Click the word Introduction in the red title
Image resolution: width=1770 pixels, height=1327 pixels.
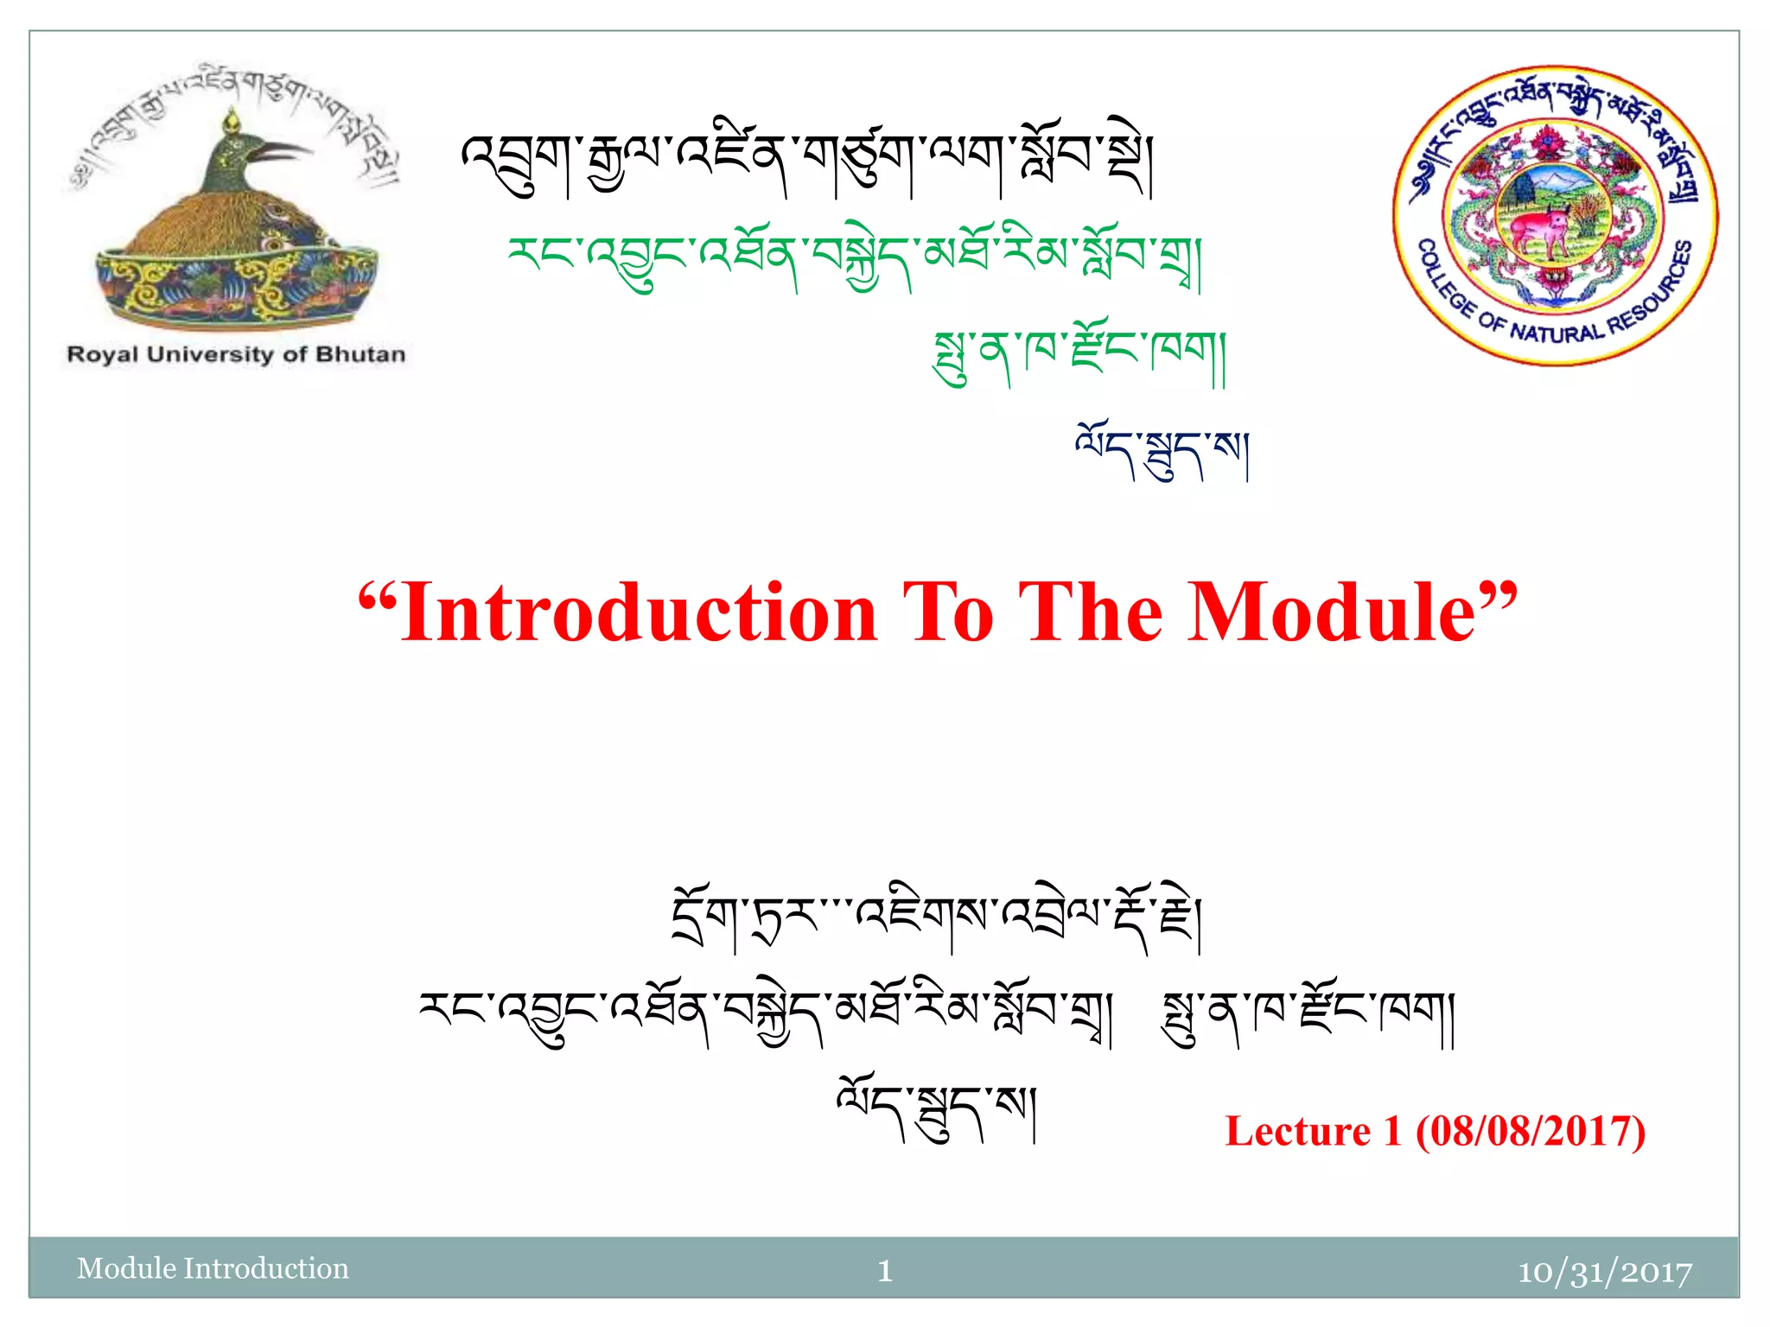(x=640, y=613)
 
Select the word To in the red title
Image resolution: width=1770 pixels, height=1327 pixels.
(x=948, y=613)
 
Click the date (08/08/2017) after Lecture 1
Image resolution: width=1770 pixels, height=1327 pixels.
(x=1530, y=1131)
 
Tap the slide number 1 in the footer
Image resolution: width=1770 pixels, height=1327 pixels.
(x=884, y=1270)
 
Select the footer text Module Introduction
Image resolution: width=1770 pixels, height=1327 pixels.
(x=213, y=1268)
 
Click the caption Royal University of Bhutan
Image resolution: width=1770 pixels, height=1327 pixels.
(x=236, y=354)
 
